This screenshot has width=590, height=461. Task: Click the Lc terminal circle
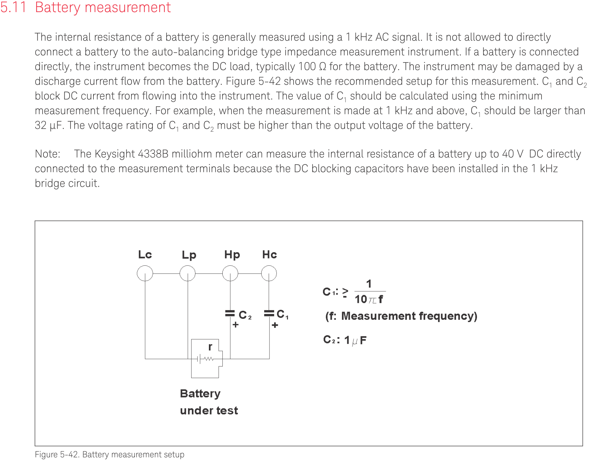coord(145,273)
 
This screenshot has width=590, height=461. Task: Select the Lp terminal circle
coord(187,273)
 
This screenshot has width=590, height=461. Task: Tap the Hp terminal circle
coord(230,273)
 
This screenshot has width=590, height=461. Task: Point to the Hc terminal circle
coord(269,273)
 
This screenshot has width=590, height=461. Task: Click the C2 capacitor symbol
coord(230,313)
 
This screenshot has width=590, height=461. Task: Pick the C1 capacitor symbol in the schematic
coord(269,313)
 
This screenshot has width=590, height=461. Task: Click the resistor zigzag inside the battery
coord(209,359)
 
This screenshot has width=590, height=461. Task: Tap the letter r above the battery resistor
coord(210,347)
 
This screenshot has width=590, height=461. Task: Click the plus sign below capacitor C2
coord(235,325)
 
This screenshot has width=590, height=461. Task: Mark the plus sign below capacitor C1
coord(275,325)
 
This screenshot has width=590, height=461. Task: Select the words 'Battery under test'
coord(209,402)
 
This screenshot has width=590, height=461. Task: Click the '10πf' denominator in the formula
coord(369,299)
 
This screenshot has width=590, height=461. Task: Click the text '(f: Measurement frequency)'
coord(401,316)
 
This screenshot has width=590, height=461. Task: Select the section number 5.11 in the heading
coord(13,7)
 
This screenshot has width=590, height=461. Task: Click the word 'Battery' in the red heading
coord(57,7)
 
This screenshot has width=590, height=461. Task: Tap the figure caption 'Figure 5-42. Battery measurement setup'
coord(110,455)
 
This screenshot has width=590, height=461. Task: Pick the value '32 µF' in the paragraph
coord(48,126)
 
